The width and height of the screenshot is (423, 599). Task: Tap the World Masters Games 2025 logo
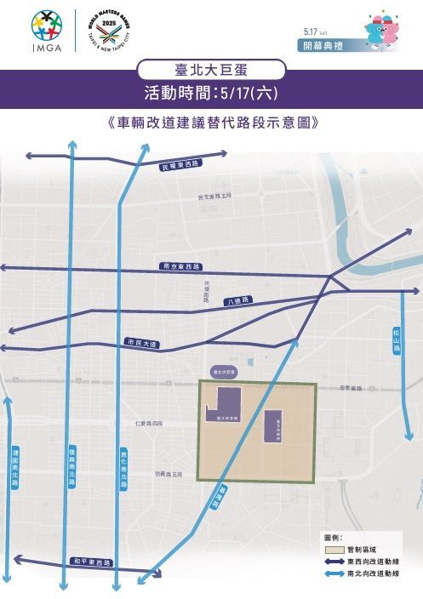click(x=109, y=31)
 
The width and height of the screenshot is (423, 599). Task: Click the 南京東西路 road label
click(x=181, y=266)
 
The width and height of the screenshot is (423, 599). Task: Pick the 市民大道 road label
click(x=141, y=343)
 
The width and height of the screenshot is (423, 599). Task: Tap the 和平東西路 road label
click(x=91, y=562)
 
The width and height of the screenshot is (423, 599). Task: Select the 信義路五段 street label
click(x=170, y=474)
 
